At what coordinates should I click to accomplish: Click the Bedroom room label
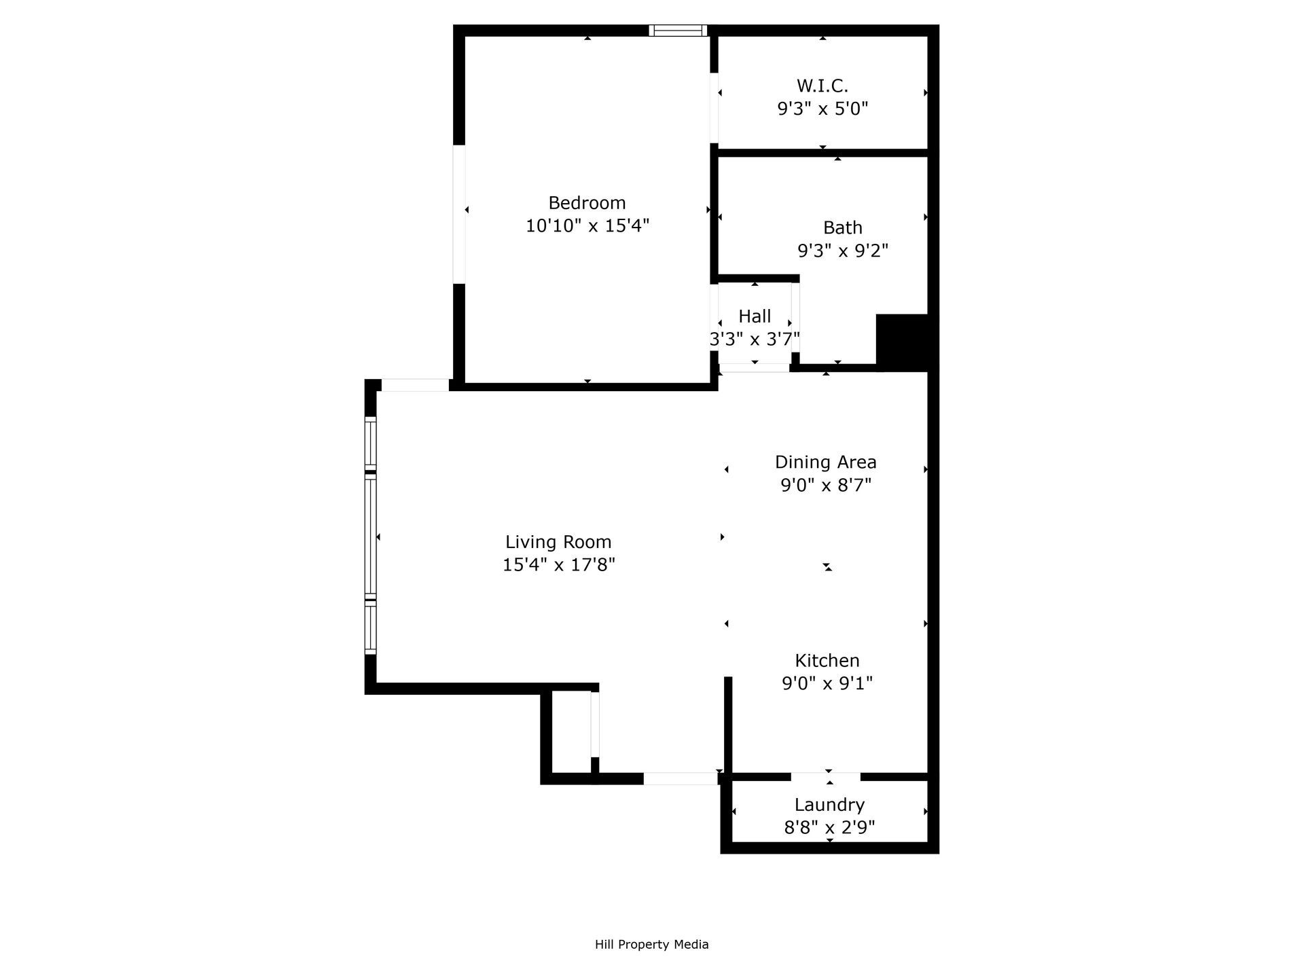pos(587,202)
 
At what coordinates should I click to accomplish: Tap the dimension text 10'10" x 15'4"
pos(587,225)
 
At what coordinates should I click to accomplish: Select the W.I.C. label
pos(822,86)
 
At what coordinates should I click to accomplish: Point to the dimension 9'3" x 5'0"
pos(822,109)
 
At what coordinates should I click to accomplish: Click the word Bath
pos(842,228)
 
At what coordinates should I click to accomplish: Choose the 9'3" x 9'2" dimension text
pos(842,251)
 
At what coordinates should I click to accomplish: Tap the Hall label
pos(755,316)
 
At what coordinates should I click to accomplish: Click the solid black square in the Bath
pos(902,341)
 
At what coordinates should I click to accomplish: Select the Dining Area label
pos(825,462)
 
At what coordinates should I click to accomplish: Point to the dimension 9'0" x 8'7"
pos(825,485)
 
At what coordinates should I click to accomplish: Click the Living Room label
pos(558,542)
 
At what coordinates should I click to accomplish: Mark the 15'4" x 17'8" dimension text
pos(558,564)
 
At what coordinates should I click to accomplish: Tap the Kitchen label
pos(827,660)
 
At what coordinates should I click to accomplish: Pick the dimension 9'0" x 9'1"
pos(827,683)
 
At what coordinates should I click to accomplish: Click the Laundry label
pos(829,805)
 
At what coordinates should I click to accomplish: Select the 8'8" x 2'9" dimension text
pos(829,827)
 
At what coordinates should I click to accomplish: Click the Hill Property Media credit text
pos(651,944)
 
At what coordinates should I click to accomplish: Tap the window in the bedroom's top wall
pos(677,31)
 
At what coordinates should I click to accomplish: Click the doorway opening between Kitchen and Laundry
pos(825,776)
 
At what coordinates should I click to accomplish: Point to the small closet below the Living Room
pos(570,732)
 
